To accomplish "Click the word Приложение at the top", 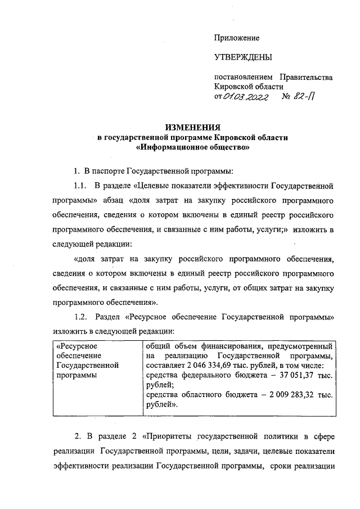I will [x=236, y=38].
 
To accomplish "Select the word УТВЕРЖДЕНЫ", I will [x=242, y=57].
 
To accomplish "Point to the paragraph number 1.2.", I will [x=81, y=317].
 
